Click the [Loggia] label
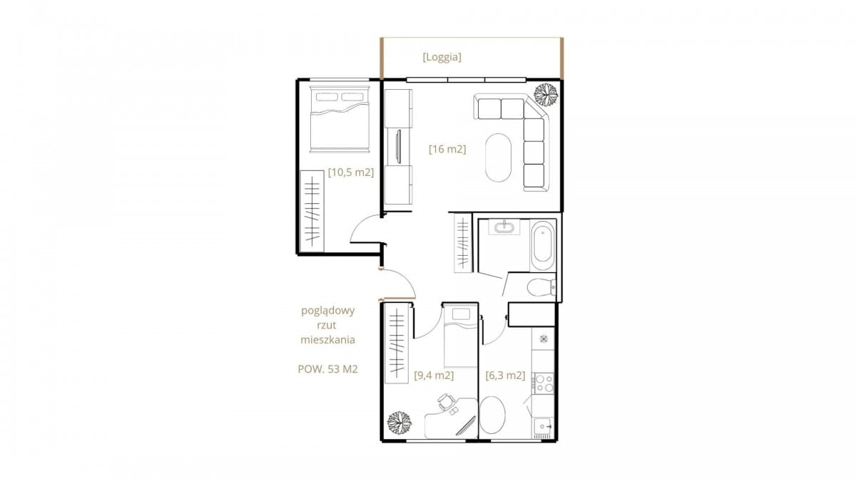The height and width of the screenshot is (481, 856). [442, 57]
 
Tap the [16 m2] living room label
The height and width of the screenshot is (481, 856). [447, 149]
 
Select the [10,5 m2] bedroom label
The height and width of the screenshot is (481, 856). [351, 172]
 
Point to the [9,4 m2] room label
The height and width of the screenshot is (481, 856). [434, 376]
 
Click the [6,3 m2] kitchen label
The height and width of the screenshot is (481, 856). [505, 376]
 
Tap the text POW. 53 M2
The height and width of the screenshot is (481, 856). [328, 369]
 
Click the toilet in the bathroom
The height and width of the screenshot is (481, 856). [541, 287]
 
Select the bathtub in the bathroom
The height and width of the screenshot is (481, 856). [543, 244]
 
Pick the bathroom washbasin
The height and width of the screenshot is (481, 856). [504, 227]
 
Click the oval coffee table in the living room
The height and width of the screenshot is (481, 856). [498, 157]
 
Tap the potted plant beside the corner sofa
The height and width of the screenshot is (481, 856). [546, 94]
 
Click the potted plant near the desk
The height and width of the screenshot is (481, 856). [399, 423]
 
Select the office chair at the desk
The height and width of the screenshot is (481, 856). [446, 402]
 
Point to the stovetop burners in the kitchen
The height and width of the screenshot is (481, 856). [544, 383]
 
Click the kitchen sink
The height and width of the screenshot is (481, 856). [543, 427]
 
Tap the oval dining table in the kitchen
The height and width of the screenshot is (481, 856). [493, 415]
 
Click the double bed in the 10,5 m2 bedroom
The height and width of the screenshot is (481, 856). [340, 119]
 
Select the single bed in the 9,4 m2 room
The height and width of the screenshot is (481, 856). [461, 336]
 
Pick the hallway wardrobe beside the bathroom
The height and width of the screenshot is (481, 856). [463, 243]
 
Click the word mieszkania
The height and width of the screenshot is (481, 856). [328, 339]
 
